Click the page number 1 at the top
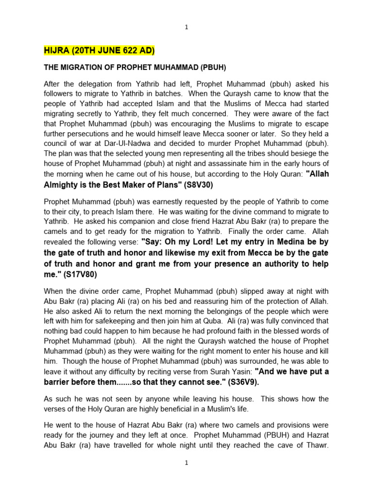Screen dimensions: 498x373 [x=186, y=27]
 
